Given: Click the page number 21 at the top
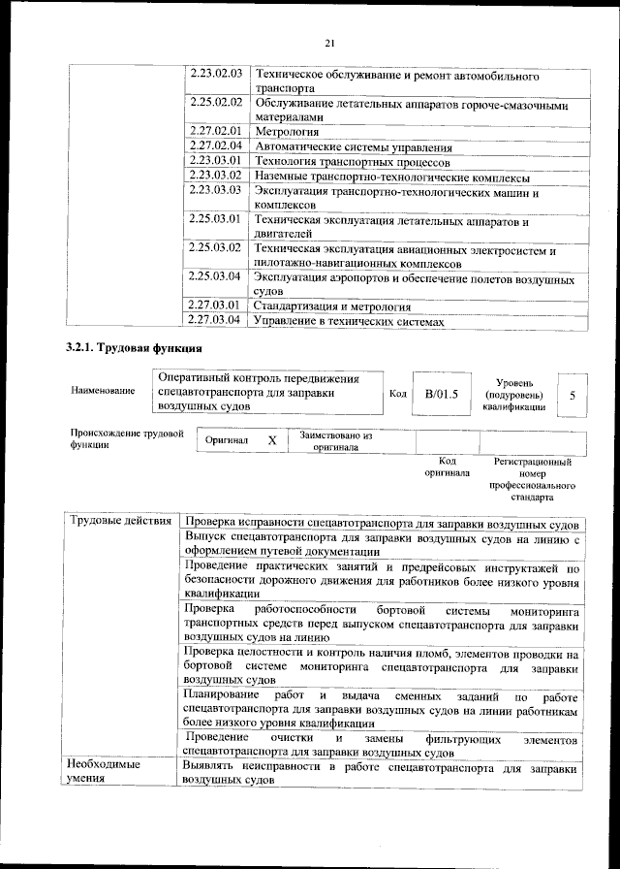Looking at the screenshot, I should [329, 43].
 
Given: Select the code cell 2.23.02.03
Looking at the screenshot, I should [215, 75].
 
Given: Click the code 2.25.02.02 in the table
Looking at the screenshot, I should [215, 102].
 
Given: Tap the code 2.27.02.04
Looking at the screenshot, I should [215, 145].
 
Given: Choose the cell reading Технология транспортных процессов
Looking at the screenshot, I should [339, 161].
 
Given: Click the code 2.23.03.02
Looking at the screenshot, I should [215, 176].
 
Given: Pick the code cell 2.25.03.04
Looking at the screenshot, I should [215, 276].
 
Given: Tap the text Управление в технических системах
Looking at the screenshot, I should [348, 320].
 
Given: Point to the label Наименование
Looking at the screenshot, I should [103, 390].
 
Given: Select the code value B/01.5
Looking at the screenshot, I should [440, 395].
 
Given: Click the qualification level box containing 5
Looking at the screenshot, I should [573, 396].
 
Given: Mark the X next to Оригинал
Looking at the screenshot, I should [272, 440].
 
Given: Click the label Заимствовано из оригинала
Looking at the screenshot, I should [336, 442].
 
